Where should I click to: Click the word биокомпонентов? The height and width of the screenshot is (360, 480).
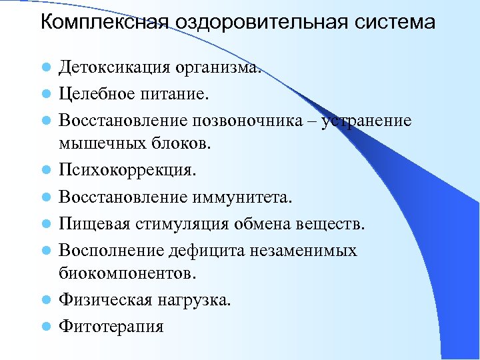pyautogui.click(x=128, y=272)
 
